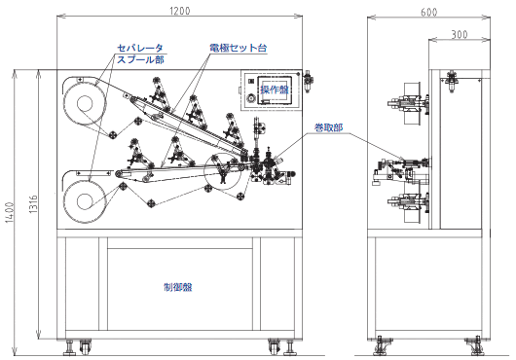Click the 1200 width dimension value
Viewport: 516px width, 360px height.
(x=180, y=11)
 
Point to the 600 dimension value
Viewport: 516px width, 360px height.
(x=428, y=13)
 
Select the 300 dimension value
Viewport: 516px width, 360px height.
(x=460, y=34)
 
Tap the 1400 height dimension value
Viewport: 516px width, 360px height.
(x=10, y=212)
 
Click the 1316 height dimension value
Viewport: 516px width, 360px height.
(x=33, y=204)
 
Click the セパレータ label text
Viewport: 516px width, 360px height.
(x=140, y=48)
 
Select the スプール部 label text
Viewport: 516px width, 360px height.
(x=140, y=59)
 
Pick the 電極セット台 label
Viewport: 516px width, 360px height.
(x=239, y=48)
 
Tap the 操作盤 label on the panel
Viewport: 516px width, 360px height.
(x=275, y=90)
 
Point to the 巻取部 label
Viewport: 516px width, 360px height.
(x=329, y=127)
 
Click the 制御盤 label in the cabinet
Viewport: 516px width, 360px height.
(x=178, y=287)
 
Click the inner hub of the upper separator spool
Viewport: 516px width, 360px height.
(x=85, y=103)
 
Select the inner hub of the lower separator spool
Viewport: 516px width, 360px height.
(x=85, y=201)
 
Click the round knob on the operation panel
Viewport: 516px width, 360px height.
(x=251, y=98)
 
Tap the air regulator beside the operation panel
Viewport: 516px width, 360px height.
(x=308, y=81)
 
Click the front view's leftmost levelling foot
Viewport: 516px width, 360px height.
(x=69, y=347)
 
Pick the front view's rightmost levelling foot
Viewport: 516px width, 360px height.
(x=289, y=347)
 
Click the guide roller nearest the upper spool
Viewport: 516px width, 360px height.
(x=113, y=134)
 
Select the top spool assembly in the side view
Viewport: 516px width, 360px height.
(x=408, y=103)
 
